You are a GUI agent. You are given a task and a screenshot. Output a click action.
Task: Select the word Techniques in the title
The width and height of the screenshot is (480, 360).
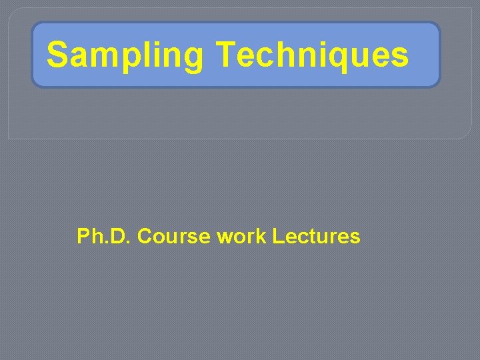312,55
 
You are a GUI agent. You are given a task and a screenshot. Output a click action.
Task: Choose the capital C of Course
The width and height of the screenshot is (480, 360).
144,236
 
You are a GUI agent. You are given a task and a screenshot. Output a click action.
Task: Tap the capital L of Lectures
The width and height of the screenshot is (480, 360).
279,236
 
